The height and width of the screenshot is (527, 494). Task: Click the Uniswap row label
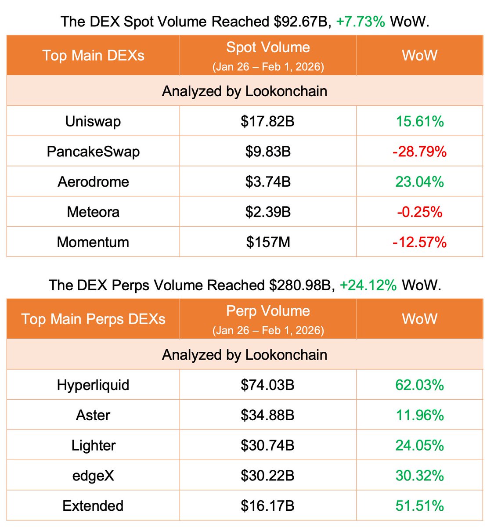coord(93,121)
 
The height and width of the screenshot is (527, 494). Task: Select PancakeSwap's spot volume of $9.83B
coord(268,152)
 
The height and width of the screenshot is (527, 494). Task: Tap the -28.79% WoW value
coord(419,152)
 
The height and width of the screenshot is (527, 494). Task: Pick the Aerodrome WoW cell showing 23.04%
coord(419,182)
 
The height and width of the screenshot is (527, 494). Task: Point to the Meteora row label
coord(93,212)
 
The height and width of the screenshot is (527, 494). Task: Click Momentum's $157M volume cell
coord(268,242)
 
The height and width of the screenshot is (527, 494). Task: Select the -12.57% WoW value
coord(419,242)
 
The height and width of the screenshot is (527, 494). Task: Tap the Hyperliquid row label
coord(93,385)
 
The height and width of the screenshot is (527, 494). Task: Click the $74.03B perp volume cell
coord(268,385)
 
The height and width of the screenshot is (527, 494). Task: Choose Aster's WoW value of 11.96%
coord(419,415)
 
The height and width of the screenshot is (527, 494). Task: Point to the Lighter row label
coord(93,445)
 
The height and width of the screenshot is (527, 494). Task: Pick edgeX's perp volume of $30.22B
coord(268,476)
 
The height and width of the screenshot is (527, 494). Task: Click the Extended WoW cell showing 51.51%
coord(419,505)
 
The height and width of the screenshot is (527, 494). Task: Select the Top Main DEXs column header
coord(93,55)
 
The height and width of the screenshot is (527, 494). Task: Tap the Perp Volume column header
coord(268,311)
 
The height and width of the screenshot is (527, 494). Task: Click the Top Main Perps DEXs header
coord(93,319)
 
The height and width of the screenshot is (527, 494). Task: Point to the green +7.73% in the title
coord(361,21)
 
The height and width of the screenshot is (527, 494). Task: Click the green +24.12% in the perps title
coord(368,285)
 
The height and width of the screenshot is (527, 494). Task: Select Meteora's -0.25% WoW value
coord(419,212)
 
